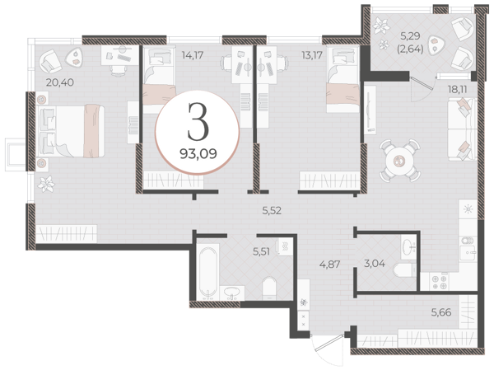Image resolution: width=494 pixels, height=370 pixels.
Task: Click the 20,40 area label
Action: click(60, 82)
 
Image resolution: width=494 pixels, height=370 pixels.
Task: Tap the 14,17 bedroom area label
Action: click(193, 55)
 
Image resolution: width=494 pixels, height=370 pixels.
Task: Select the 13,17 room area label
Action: click(312, 55)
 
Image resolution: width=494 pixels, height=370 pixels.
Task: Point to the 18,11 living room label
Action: click(458, 90)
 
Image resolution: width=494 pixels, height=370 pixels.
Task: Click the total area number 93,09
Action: click(198, 153)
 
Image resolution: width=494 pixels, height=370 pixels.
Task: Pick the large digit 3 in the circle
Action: click(198, 121)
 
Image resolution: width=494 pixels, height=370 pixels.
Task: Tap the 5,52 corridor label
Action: click(272, 210)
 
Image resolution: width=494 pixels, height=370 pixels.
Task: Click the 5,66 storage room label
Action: click(441, 312)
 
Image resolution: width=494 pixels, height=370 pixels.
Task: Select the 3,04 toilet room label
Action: click(375, 263)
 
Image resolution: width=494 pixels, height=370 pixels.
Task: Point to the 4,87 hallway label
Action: click(329, 264)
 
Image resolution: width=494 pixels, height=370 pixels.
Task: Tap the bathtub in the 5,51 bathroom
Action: click(208, 272)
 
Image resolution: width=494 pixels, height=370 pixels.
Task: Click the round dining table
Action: click(400, 162)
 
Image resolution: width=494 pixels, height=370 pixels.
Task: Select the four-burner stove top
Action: click(439, 282)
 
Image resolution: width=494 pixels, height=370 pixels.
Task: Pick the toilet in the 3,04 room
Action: click(404, 270)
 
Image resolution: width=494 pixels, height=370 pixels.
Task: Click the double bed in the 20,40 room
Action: click(71, 131)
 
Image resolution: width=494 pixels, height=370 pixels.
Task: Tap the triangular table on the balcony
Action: click(437, 43)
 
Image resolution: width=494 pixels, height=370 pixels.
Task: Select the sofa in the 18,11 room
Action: click(462, 129)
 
